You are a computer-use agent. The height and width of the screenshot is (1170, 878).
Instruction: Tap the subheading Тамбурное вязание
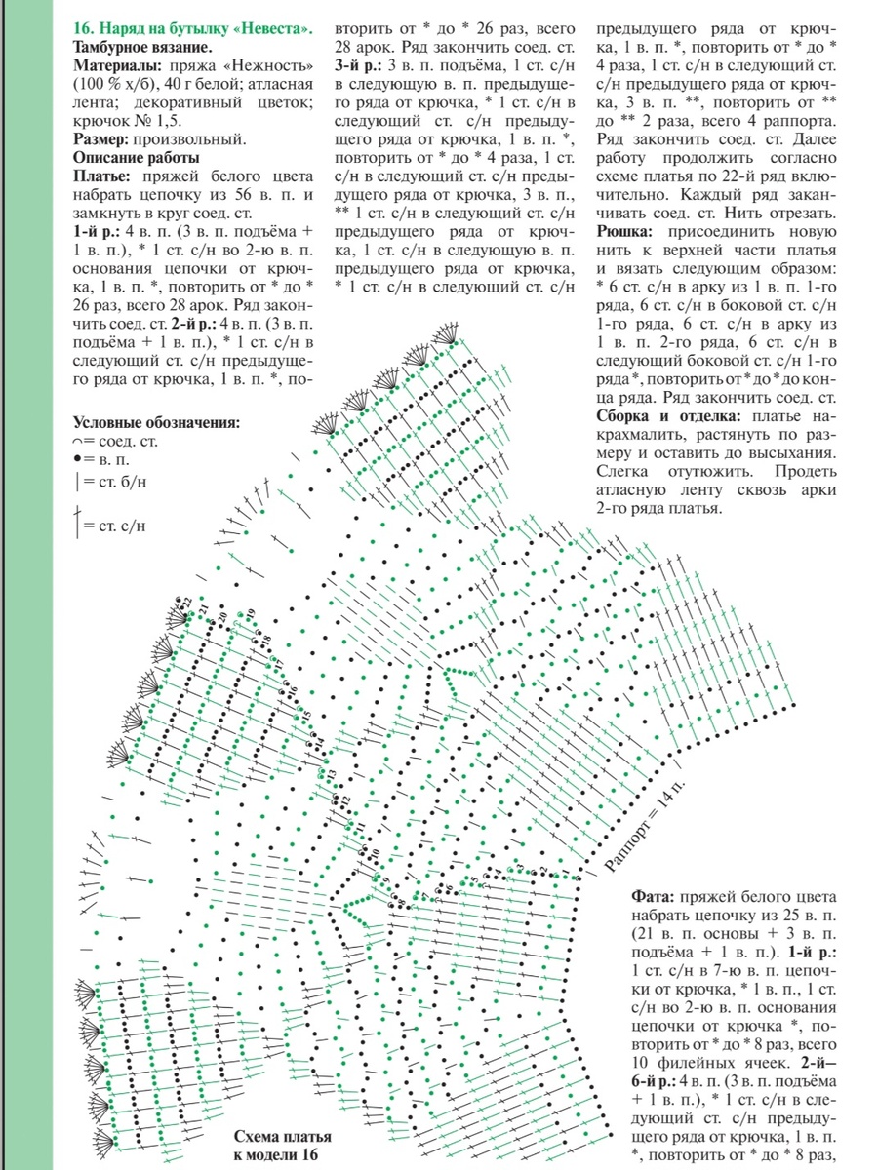point(142,47)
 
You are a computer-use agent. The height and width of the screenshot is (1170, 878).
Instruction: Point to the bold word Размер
point(101,139)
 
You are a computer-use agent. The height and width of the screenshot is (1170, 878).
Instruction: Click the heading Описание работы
point(136,158)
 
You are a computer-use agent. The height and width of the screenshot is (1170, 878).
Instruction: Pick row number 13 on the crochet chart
point(331,775)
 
